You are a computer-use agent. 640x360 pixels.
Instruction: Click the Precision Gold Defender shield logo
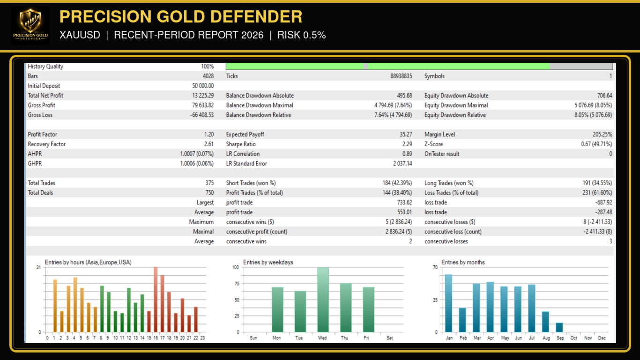click(30, 26)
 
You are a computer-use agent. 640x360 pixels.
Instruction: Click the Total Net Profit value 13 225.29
click(203, 96)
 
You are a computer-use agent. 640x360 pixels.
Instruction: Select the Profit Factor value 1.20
click(209, 135)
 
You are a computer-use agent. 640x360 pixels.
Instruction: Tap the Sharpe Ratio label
click(241, 144)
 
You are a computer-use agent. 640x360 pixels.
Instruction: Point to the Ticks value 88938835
click(401, 76)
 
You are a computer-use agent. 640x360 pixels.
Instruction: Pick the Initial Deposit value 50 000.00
click(203, 86)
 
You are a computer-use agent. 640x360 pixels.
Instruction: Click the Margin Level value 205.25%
click(603, 135)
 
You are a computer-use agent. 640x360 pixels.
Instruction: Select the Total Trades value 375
click(209, 183)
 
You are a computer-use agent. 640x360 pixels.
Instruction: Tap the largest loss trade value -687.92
click(604, 202)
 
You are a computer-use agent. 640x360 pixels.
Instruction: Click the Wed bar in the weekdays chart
click(323, 300)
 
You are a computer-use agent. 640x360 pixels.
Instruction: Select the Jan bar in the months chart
click(448, 303)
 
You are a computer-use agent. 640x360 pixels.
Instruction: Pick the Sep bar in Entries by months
click(559, 327)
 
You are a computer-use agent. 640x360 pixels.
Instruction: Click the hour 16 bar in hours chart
click(156, 300)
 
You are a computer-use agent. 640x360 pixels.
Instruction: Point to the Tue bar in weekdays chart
click(300, 312)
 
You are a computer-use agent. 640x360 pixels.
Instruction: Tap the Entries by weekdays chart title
click(268, 262)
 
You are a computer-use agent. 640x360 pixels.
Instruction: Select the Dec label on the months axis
click(602, 338)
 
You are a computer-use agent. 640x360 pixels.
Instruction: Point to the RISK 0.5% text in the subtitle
click(301, 35)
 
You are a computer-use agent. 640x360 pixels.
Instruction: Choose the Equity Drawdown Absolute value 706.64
click(604, 96)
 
